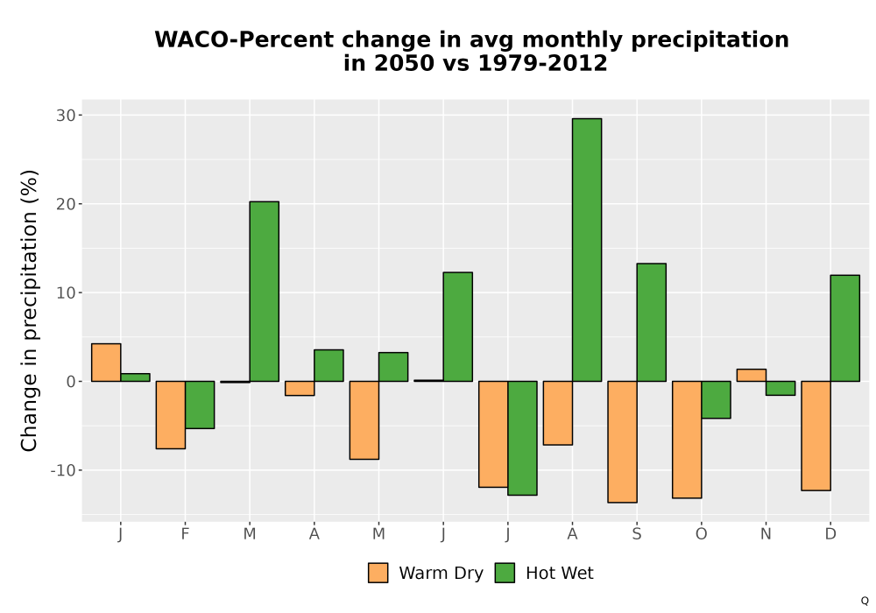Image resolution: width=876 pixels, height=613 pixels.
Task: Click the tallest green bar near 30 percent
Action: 587,250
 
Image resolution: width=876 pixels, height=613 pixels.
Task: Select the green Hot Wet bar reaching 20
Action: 265,292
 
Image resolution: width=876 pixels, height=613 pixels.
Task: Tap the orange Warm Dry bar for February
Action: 171,415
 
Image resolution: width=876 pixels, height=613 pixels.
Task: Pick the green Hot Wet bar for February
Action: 200,405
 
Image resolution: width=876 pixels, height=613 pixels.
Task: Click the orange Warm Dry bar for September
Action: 622,442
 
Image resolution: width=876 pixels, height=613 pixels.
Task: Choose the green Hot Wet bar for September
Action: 652,322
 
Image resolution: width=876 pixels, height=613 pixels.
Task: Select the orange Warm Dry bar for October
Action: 687,440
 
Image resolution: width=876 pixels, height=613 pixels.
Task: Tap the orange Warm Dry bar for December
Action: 816,436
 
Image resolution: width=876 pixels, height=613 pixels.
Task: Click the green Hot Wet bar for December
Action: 845,328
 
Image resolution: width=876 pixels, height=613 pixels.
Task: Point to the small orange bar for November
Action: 752,375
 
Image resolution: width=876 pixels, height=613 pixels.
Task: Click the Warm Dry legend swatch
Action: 378,573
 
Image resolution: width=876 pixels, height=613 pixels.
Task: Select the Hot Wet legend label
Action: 559,574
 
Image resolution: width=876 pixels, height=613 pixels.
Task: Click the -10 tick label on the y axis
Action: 62,470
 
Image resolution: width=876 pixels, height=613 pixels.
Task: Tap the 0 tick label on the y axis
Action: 71,382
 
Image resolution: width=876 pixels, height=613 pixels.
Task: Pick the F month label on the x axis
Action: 185,534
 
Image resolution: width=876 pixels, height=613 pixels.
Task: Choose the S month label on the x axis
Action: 637,534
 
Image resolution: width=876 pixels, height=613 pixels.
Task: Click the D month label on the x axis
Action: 830,534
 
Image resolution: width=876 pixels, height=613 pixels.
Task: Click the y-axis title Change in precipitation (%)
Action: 29,310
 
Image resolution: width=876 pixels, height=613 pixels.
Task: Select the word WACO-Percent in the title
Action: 244,40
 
